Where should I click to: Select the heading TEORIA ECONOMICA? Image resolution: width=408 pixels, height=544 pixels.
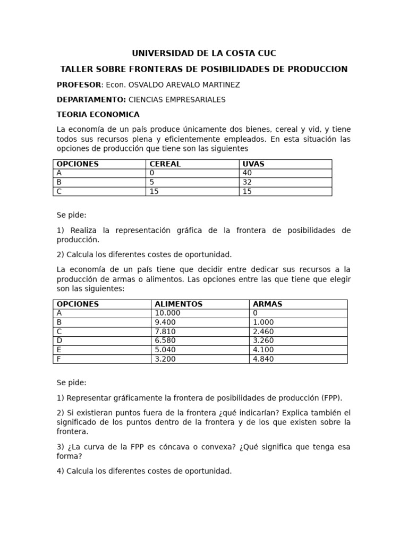(98, 114)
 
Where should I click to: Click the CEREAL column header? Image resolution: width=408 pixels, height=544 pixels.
(165, 164)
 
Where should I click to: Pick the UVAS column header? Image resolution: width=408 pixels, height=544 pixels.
(253, 164)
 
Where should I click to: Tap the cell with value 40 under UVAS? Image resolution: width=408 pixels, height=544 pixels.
(247, 173)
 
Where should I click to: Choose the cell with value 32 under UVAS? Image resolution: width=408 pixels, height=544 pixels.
(247, 182)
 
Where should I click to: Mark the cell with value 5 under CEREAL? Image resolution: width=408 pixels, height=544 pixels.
(152, 182)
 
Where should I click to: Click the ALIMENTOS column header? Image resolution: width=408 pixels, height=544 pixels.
(178, 304)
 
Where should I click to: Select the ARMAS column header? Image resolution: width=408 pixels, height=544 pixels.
(268, 304)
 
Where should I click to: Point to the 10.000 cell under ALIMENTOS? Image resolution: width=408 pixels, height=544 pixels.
(167, 313)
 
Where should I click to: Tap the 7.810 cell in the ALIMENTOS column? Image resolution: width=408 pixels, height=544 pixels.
(165, 331)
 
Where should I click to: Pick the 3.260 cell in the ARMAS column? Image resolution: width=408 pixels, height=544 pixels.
(263, 341)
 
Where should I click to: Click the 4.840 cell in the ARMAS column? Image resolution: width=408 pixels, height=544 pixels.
(263, 359)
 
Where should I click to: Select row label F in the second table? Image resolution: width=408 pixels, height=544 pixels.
(59, 359)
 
